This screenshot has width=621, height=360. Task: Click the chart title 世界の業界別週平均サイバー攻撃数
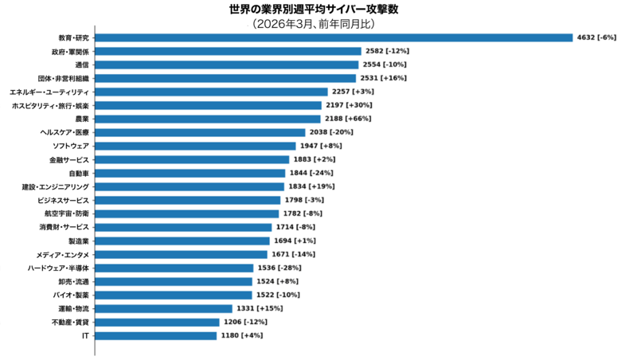310,9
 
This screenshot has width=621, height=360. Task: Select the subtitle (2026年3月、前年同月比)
310,24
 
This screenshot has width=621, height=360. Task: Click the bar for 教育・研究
334,37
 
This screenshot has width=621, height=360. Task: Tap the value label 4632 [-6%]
596,37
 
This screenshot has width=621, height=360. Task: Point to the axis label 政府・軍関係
69,51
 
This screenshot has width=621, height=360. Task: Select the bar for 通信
226,65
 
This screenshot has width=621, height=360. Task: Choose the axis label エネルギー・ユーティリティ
49,92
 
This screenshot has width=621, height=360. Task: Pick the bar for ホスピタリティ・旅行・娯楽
208,105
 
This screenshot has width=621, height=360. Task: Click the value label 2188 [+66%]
349,119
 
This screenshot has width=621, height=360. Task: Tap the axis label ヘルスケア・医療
64,132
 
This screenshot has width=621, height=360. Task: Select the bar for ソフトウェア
197,146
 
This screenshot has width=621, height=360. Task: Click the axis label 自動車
79,173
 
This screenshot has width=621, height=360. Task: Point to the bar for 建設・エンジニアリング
189,186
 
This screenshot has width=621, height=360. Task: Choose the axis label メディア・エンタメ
63,254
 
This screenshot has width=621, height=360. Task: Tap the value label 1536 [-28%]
279,268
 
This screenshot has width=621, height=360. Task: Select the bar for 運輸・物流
163,308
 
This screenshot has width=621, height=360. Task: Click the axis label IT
85,335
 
